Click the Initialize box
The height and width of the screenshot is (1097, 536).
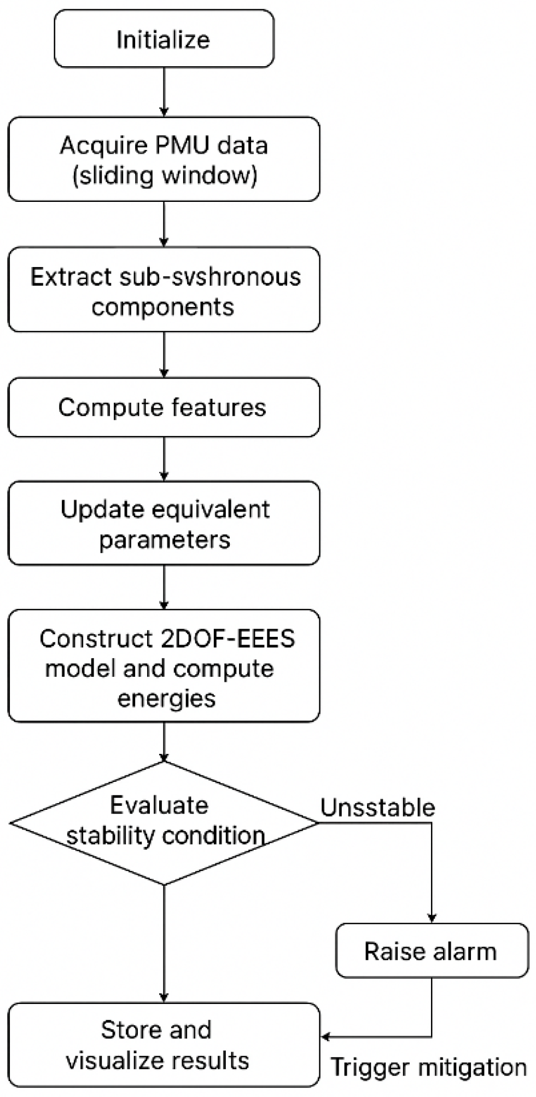[164, 39]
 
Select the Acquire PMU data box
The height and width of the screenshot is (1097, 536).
[164, 159]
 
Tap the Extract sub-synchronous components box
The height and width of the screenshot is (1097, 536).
[164, 290]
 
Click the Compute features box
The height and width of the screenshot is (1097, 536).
[164, 408]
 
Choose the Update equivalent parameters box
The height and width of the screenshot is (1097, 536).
[164, 524]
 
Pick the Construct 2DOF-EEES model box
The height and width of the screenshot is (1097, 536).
[164, 666]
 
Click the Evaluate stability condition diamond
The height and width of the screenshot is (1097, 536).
[164, 822]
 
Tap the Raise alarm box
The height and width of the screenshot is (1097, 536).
[432, 951]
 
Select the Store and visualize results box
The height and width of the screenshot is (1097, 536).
[164, 1045]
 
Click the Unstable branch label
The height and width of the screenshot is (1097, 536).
[377, 808]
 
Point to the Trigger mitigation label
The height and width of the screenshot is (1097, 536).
[428, 1067]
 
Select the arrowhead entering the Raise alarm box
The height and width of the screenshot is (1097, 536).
[432, 918]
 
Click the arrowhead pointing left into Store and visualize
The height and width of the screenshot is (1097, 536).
[325, 1037]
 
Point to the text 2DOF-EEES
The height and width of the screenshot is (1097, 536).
[228, 639]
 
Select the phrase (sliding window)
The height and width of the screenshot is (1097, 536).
[165, 176]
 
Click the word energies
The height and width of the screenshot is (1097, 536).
[166, 698]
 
